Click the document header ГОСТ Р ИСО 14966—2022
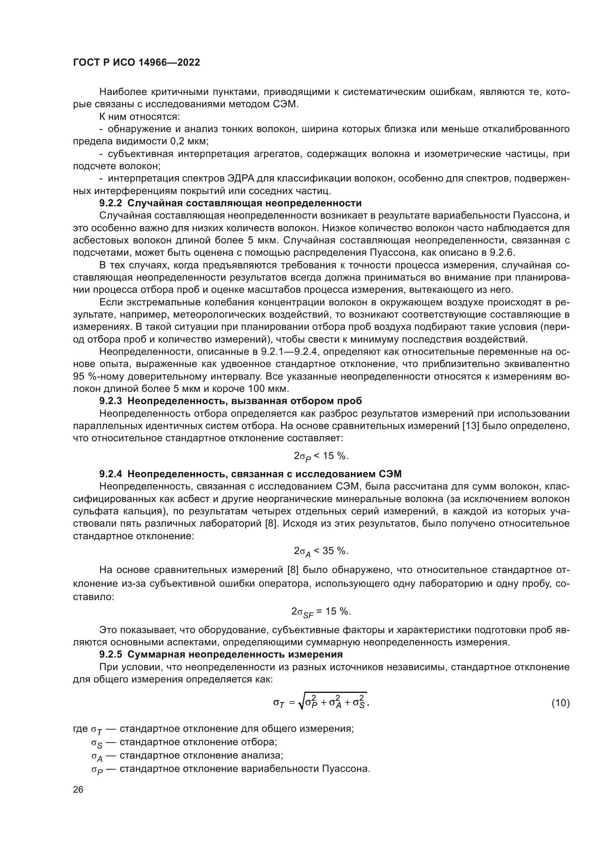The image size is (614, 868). [137, 63]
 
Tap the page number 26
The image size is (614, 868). [78, 790]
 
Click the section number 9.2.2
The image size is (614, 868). [110, 203]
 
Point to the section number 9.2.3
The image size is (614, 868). [110, 401]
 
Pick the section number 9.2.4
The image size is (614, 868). [110, 474]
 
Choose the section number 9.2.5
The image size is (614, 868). [110, 654]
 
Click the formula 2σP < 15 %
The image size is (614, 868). [321, 456]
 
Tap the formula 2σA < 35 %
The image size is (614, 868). [321, 551]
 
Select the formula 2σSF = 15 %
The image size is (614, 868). [321, 612]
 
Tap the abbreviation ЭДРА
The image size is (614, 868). [241, 178]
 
